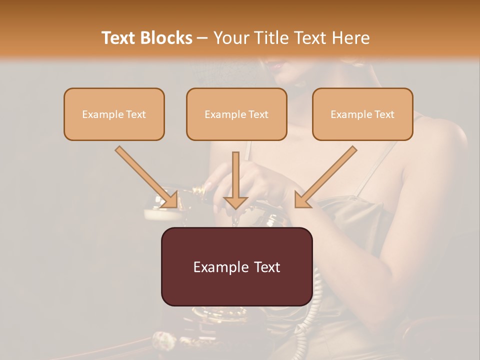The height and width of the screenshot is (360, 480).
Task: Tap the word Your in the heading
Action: (230, 38)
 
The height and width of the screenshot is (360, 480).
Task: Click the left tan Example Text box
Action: (114, 114)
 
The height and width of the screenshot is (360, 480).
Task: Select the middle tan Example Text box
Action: (236, 114)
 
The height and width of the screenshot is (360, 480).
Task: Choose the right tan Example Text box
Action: (362, 114)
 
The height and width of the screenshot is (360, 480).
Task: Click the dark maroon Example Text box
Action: (236, 266)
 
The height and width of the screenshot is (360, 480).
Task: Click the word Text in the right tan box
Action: (384, 114)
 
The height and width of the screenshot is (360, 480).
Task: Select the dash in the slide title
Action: (203, 38)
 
